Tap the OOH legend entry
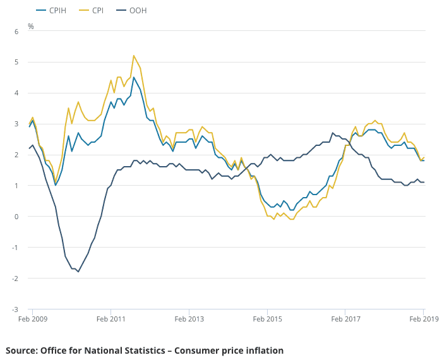coord(137,11)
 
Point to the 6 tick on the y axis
coord(17,31)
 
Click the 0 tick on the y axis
coord(17,217)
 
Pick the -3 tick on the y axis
coord(16,309)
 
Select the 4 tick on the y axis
coord(17,93)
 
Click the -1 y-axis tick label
coord(16,248)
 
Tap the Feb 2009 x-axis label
coord(32,320)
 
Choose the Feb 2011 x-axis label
coord(110,320)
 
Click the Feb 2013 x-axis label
coord(189,320)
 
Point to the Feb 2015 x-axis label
coord(267,320)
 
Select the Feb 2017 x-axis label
coord(345,320)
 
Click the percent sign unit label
coord(31,27)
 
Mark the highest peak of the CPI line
coord(134,56)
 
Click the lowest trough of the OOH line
coord(78,272)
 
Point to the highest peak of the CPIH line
coord(134,78)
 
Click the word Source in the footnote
coord(21,351)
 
